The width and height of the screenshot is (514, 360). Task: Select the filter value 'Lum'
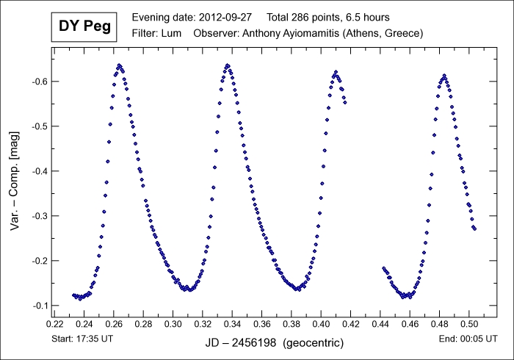171,34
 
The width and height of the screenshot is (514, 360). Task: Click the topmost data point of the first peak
119,65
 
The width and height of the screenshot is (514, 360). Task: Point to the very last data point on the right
475,228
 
